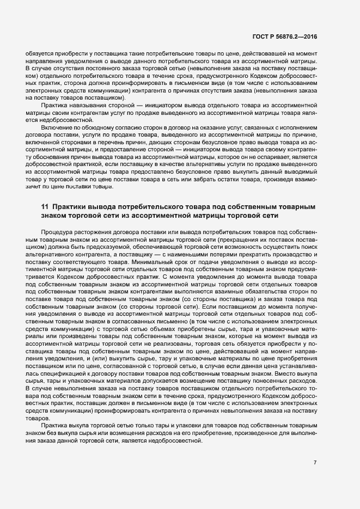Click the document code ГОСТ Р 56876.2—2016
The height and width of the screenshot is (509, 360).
tap(285, 37)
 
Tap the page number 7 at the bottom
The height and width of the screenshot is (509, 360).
tap(315, 462)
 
